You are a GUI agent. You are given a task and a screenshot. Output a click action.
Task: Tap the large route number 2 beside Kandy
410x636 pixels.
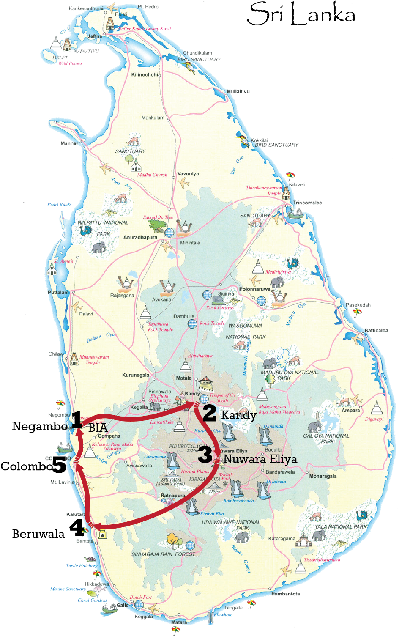(x=209, y=413)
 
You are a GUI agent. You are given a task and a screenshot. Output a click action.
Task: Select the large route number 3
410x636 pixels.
(x=205, y=455)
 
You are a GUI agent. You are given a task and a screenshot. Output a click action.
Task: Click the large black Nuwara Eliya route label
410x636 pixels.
(x=260, y=459)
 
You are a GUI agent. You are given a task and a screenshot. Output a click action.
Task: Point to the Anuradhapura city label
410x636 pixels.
(x=140, y=238)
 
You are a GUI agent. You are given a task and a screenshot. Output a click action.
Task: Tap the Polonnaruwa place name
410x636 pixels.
(x=254, y=289)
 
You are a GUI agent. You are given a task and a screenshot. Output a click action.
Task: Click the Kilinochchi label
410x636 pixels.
(x=145, y=75)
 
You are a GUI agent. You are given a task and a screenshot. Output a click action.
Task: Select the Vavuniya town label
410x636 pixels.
(x=188, y=174)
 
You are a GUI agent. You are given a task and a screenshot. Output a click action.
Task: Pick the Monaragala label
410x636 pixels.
(x=323, y=476)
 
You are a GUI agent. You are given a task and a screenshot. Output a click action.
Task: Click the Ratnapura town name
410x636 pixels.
(x=173, y=496)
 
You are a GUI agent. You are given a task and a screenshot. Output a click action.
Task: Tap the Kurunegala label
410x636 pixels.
(x=136, y=375)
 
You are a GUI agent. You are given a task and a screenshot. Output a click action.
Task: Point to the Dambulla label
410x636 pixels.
(x=184, y=316)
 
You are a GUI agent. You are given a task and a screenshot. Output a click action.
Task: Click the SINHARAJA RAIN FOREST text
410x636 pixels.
(x=164, y=554)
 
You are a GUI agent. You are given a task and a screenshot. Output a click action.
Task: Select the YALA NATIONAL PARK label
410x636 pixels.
(x=341, y=526)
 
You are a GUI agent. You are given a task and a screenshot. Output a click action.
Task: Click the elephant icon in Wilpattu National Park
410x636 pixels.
(x=99, y=247)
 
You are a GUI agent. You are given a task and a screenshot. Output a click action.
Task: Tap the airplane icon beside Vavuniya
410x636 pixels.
(x=183, y=183)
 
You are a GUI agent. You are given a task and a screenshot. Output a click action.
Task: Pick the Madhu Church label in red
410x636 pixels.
(x=152, y=175)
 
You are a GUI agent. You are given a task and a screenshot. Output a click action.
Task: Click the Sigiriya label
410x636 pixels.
(x=226, y=294)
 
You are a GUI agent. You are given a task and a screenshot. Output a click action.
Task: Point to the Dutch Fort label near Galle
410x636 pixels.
(x=141, y=598)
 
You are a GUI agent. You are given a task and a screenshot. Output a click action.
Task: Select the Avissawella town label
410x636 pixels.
(x=139, y=466)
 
